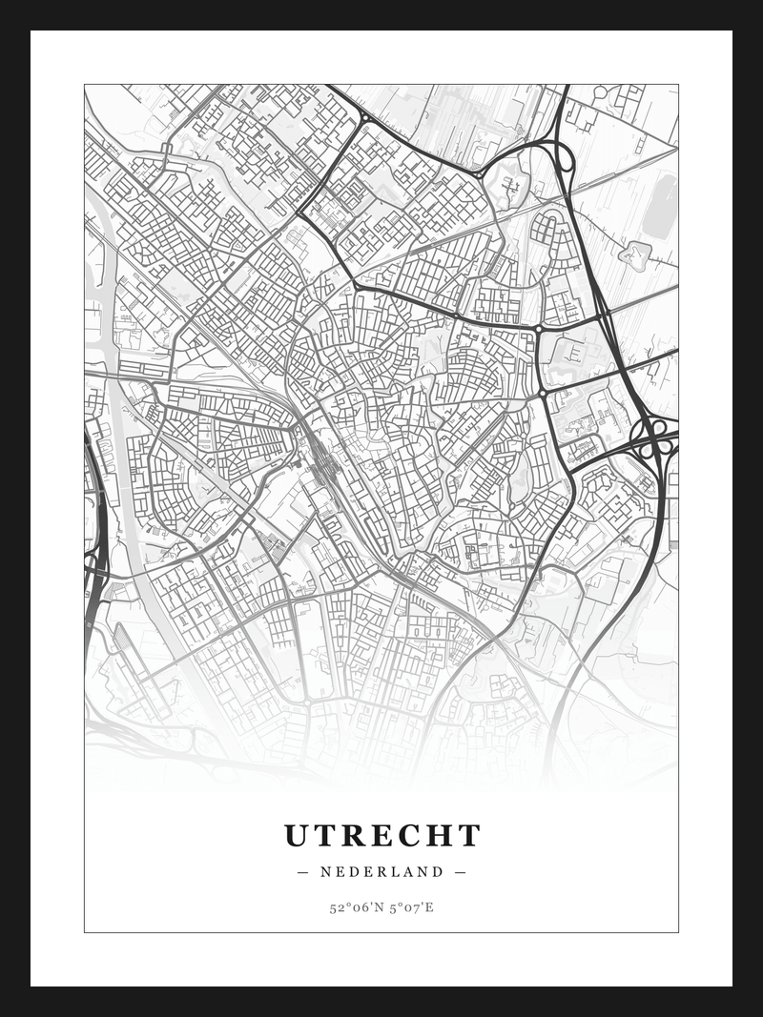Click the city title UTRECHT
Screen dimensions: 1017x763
pos(382,836)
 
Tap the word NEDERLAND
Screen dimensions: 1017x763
pos(382,871)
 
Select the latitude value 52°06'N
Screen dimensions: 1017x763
pos(355,907)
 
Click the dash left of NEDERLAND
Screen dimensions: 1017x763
pos(303,871)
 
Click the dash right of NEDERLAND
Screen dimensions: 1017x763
pos(461,871)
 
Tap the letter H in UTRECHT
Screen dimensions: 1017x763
pos(437,836)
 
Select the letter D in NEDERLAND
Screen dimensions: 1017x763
pos(355,871)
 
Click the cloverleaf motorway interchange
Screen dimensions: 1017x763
pos(654,437)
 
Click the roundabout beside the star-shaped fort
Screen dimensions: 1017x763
pos(478,174)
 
